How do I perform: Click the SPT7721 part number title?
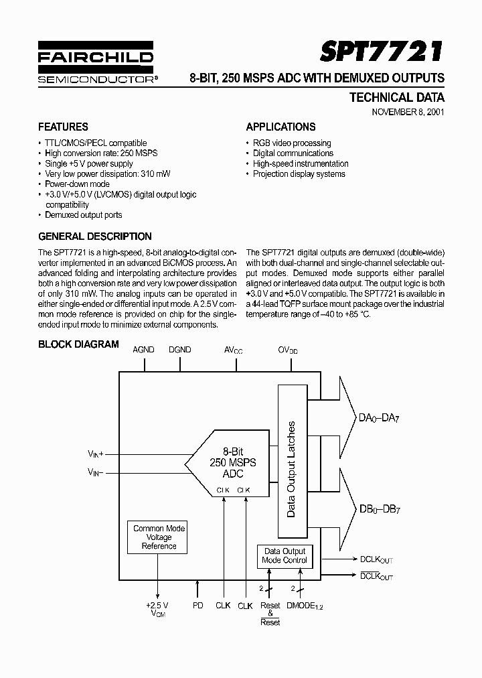(x=381, y=52)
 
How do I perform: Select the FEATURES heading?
(x=63, y=127)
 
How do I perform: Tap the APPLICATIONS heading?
(x=280, y=127)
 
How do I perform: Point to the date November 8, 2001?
(x=408, y=112)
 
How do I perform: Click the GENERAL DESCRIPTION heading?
(x=95, y=236)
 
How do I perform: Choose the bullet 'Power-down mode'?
(x=77, y=184)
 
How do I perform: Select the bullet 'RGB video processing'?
(x=292, y=143)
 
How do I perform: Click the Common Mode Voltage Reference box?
(x=159, y=537)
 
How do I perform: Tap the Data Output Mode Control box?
(x=285, y=555)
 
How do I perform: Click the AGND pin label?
(x=143, y=350)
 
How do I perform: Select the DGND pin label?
(x=179, y=350)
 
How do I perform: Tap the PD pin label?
(x=197, y=605)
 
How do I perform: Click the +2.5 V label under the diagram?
(x=158, y=605)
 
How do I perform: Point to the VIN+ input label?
(x=94, y=454)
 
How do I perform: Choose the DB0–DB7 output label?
(x=379, y=510)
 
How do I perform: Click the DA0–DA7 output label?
(x=379, y=419)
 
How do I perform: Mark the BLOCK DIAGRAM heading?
(x=78, y=344)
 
